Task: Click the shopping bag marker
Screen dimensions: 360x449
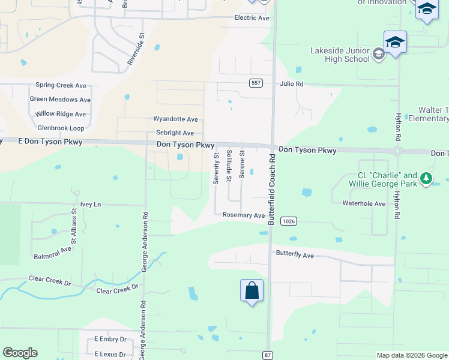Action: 252,291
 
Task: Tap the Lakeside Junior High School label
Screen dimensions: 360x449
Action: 340,55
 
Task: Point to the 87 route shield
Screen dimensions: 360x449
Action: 268,355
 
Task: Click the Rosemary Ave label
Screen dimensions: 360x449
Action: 243,215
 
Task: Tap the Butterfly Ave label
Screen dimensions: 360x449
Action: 295,255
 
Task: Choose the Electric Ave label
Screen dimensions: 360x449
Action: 252,18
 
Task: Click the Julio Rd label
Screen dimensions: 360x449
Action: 292,84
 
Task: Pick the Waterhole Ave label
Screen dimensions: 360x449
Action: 364,203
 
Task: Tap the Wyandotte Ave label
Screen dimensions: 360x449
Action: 175,119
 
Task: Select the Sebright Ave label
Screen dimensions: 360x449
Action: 175,133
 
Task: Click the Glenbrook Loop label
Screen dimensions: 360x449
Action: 61,128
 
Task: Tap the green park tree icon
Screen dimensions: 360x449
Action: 426,178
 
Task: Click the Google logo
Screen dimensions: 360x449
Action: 20,353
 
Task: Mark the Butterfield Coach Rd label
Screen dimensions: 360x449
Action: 271,189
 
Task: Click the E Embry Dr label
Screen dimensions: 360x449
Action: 110,339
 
